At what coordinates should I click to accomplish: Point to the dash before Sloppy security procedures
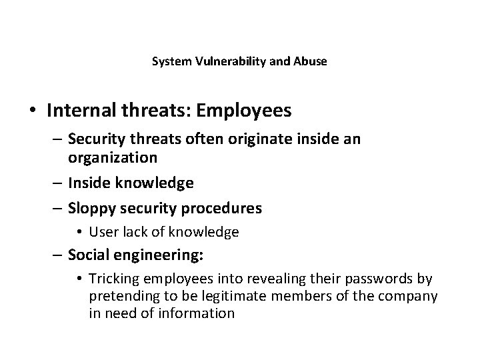tap(57, 208)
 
